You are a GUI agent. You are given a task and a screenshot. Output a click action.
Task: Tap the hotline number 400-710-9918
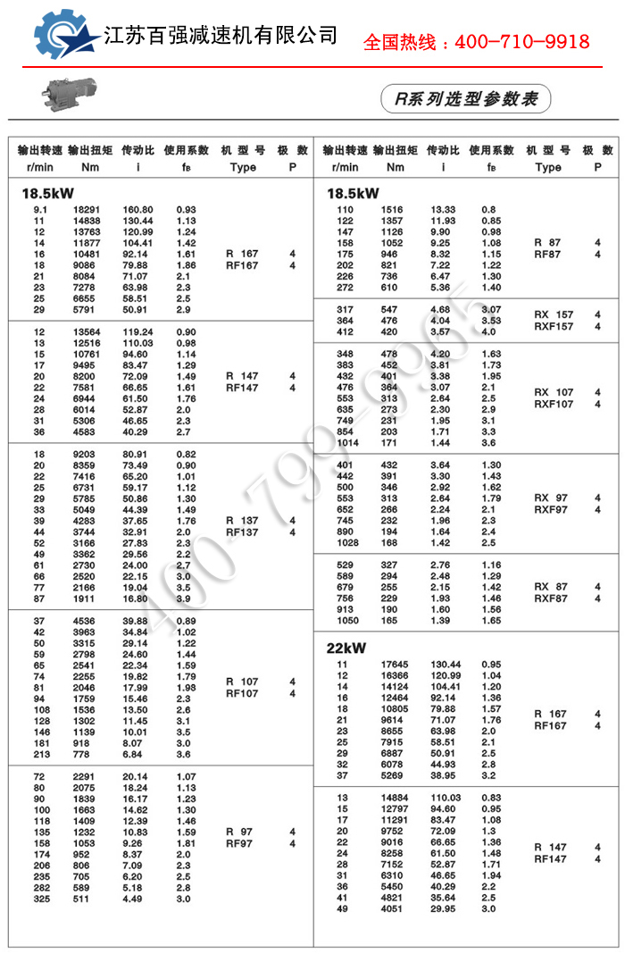pos(476,42)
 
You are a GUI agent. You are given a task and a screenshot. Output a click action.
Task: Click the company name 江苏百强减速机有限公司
pos(221,36)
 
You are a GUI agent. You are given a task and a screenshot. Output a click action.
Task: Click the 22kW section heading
pos(347,649)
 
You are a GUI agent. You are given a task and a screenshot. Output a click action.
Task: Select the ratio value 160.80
pos(137,209)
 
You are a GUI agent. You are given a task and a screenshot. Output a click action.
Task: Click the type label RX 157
pos(554,314)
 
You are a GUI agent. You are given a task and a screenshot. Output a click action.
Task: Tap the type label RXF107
pos(554,404)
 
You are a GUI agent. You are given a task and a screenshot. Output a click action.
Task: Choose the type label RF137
pos(242,532)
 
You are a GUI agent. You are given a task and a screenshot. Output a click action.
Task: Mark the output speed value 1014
pos(347,442)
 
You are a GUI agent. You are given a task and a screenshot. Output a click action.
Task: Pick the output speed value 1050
pos(347,620)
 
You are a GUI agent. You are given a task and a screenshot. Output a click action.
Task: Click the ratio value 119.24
pos(137,331)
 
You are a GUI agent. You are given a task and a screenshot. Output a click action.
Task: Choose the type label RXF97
pos(551,509)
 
